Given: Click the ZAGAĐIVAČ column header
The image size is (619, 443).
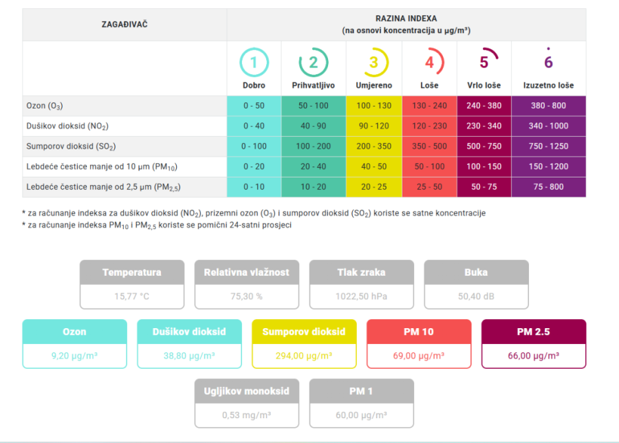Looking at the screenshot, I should click(124, 25).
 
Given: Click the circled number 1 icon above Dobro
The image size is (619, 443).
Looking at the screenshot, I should click(253, 63).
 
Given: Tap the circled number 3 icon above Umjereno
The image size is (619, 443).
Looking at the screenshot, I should click(373, 63).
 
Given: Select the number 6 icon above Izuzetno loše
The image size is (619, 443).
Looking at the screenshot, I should click(548, 61).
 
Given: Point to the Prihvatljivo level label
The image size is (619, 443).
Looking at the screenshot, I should click(313, 86).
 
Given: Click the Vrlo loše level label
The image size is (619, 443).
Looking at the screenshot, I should click(484, 86).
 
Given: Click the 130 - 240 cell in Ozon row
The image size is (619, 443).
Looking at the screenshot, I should click(429, 106).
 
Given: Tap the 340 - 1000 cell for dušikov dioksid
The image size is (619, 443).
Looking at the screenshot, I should click(548, 127).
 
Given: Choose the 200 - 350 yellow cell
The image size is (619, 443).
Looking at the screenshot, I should click(373, 147).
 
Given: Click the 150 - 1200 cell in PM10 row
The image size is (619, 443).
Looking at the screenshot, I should click(548, 166).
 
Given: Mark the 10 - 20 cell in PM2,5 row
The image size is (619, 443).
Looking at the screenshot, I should click(313, 186).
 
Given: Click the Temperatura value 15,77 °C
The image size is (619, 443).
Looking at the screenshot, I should click(132, 296).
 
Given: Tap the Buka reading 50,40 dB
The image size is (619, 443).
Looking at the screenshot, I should click(476, 296).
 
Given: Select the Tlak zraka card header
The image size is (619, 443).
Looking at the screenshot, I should click(361, 272).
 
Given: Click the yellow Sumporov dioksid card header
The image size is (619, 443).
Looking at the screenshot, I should click(304, 332).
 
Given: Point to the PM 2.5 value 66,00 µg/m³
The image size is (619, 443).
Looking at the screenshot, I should click(534, 356).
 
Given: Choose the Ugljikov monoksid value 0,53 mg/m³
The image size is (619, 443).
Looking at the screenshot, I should click(246, 415).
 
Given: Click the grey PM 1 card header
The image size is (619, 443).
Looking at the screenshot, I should click(361, 391).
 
